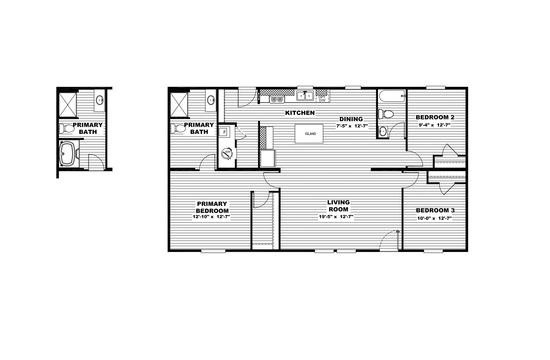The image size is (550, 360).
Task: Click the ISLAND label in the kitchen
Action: pyautogui.click(x=310, y=134)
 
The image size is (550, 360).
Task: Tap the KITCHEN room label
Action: pyautogui.click(x=300, y=113)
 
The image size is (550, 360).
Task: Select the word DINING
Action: pyautogui.click(x=351, y=119)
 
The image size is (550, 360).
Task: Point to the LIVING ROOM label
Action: pyautogui.click(x=338, y=206)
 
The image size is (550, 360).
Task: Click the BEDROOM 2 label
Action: pyautogui.click(x=435, y=117)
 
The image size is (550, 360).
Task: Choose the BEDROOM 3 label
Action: pyautogui.click(x=435, y=210)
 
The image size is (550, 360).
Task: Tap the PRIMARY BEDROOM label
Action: pyautogui.click(x=212, y=207)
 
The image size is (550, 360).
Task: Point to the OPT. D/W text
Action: pyautogui.click(x=322, y=98)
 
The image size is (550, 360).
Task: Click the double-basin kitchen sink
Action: pyautogui.click(x=305, y=96)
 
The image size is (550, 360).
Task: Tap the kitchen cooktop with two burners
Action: pyautogui.click(x=277, y=99)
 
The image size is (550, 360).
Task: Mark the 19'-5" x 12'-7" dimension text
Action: pyautogui.click(x=336, y=217)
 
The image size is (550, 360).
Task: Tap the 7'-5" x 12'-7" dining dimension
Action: pyautogui.click(x=351, y=126)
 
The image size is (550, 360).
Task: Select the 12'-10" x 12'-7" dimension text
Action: pyautogui.click(x=211, y=217)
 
